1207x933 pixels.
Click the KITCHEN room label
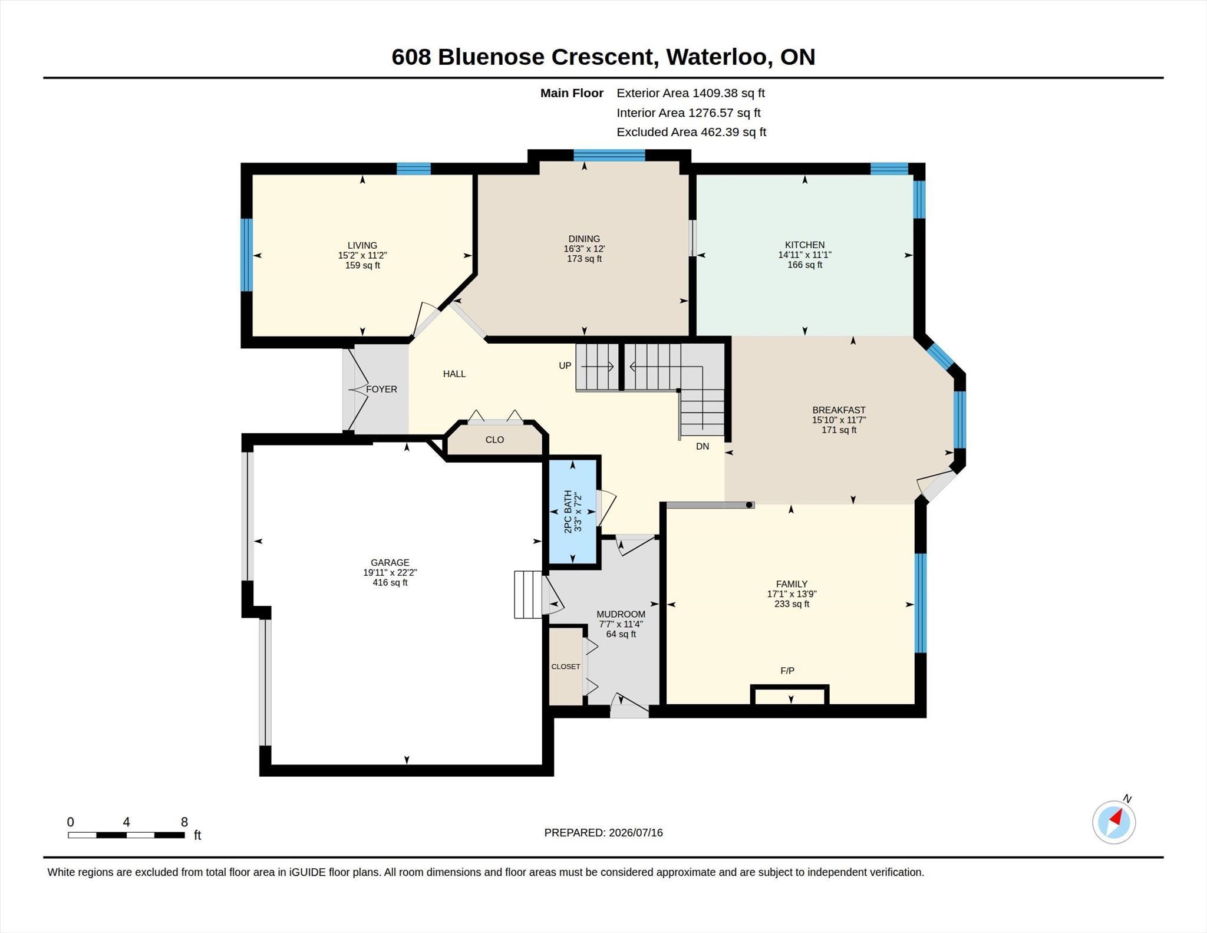[x=804, y=245]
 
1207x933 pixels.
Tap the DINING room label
[x=584, y=239]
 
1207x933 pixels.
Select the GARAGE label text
[x=390, y=562]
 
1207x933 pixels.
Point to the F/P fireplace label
[x=787, y=670]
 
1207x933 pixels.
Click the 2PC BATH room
[x=572, y=512]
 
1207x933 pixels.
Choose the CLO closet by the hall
[x=494, y=440]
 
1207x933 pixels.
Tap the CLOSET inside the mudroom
[x=566, y=666]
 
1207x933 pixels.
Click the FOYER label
[x=381, y=389]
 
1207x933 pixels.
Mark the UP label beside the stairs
[x=565, y=365]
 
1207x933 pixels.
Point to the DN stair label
[x=702, y=446]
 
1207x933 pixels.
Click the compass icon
[x=1113, y=822]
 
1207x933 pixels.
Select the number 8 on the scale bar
[x=184, y=822]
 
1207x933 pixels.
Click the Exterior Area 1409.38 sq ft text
[x=691, y=93]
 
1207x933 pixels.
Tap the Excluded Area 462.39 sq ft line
[x=691, y=132]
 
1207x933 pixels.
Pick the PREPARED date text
[x=603, y=832]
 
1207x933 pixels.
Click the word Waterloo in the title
[x=717, y=57]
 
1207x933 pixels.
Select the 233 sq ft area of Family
[x=792, y=604]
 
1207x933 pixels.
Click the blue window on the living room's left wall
[x=247, y=255]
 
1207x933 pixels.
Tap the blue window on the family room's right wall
[x=920, y=603]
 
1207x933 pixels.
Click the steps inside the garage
[x=528, y=594]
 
